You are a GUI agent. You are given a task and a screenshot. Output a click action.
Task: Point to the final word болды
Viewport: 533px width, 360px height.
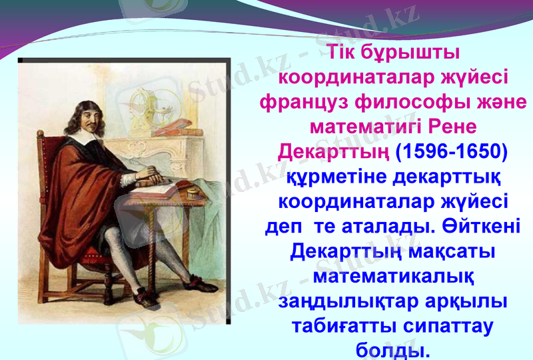pos(392,349)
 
